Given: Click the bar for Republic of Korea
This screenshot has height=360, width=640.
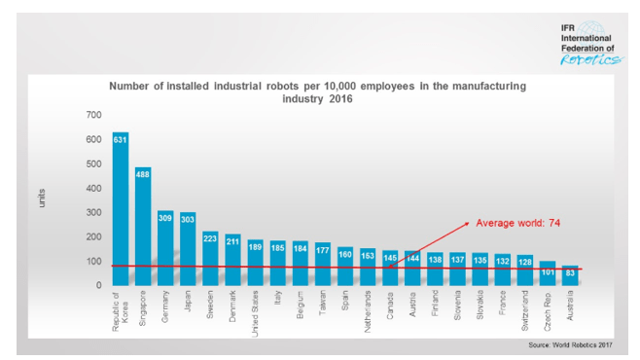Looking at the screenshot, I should (121, 208).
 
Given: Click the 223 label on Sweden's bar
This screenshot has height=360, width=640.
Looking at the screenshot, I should (211, 236).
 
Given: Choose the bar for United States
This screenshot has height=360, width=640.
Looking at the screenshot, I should (256, 263).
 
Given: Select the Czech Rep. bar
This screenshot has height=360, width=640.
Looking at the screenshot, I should (548, 273).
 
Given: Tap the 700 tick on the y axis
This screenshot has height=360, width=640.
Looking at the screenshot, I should (93, 115).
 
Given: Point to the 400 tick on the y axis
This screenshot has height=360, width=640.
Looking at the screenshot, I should (93, 188).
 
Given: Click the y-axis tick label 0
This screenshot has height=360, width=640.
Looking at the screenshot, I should (98, 285).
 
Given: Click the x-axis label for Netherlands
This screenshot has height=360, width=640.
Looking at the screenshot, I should (368, 312).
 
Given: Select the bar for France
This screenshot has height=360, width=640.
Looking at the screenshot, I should (502, 270).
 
